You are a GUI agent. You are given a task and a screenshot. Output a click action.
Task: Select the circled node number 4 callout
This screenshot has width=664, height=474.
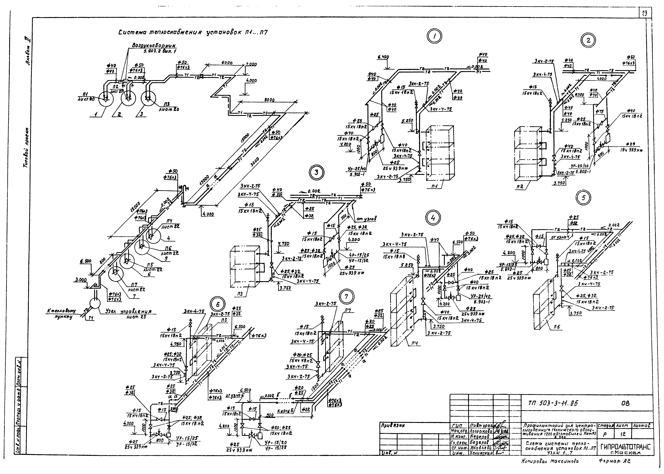(x=433, y=217)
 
